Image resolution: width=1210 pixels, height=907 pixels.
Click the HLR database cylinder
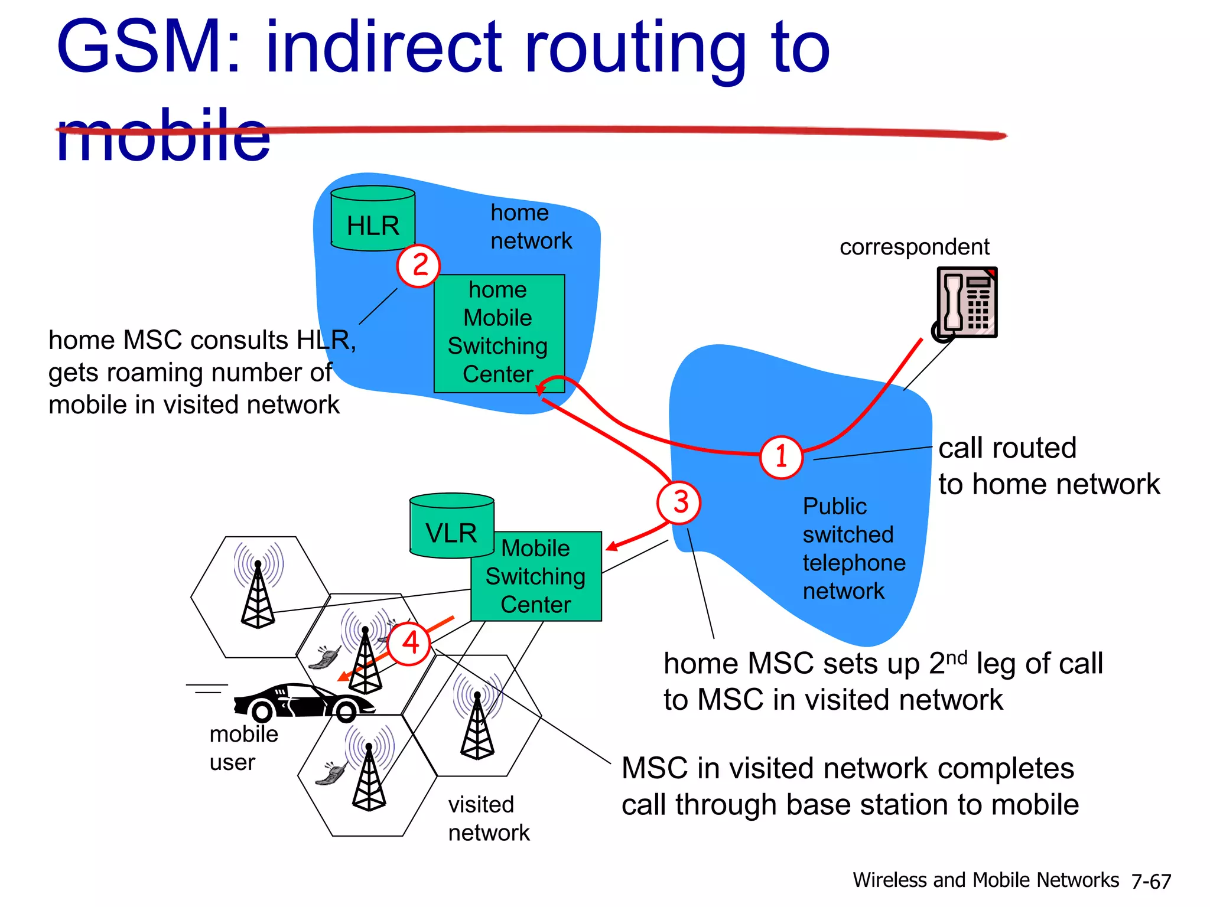click(373, 219)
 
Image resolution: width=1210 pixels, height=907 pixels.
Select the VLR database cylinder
click(451, 526)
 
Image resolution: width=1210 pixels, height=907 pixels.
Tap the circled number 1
click(781, 457)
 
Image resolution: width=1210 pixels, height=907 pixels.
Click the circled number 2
click(418, 266)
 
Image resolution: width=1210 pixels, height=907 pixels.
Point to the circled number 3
click(679, 503)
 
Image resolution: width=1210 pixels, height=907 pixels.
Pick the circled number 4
click(409, 643)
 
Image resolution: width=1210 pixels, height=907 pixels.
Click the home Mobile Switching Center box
click(499, 333)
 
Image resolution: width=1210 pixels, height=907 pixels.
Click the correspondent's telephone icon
click(966, 303)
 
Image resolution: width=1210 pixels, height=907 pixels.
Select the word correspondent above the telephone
click(914, 247)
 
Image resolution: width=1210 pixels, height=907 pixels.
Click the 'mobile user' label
click(243, 748)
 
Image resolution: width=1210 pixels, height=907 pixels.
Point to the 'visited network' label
click(489, 818)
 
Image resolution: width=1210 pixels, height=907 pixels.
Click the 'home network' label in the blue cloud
click(531, 227)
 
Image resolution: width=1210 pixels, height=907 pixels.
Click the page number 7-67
click(1150, 882)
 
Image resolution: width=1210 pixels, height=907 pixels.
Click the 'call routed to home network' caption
click(1048, 466)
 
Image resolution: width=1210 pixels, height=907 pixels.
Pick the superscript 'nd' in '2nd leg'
click(957, 657)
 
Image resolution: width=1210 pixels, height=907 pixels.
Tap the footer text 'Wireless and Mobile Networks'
click(985, 880)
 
